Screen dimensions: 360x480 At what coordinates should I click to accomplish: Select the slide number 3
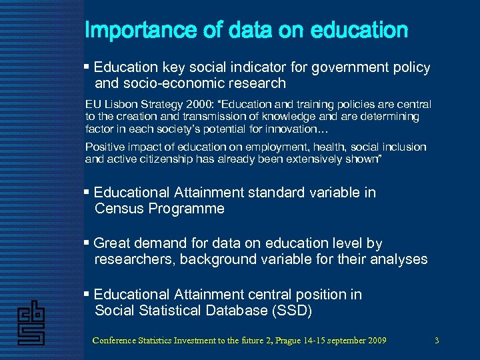click(x=436, y=341)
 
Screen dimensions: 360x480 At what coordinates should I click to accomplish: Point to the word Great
click(x=113, y=243)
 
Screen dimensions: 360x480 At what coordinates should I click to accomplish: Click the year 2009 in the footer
click(x=374, y=341)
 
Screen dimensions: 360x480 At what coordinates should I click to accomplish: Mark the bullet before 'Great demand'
click(x=87, y=243)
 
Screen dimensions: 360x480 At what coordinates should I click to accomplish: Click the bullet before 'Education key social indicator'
click(x=87, y=67)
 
